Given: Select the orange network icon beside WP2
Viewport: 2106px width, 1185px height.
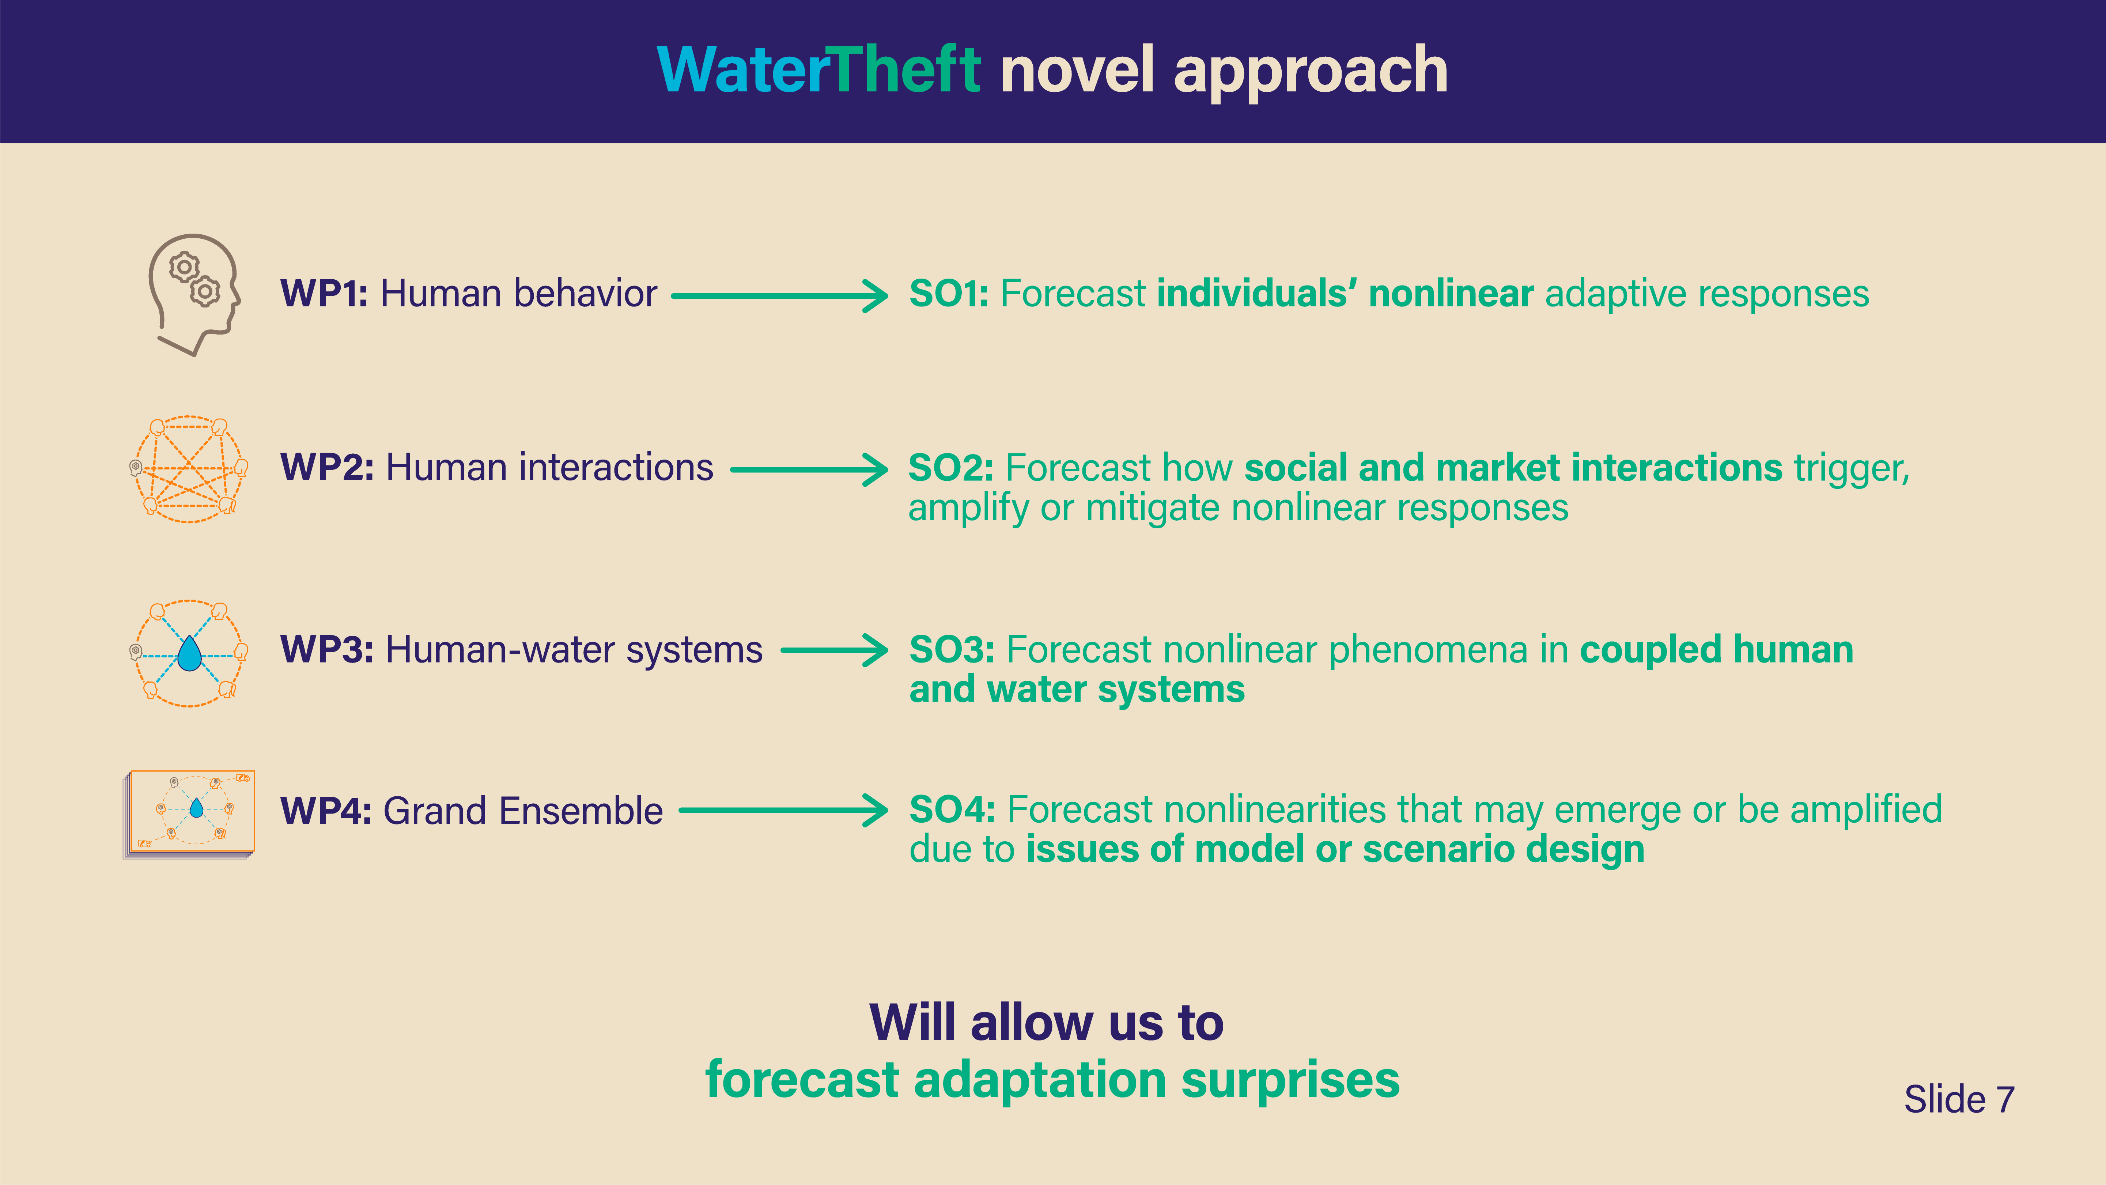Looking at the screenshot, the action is pos(189,469).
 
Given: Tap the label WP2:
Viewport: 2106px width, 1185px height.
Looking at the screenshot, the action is pos(327,468).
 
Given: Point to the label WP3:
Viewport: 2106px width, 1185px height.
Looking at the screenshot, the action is pos(327,650).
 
